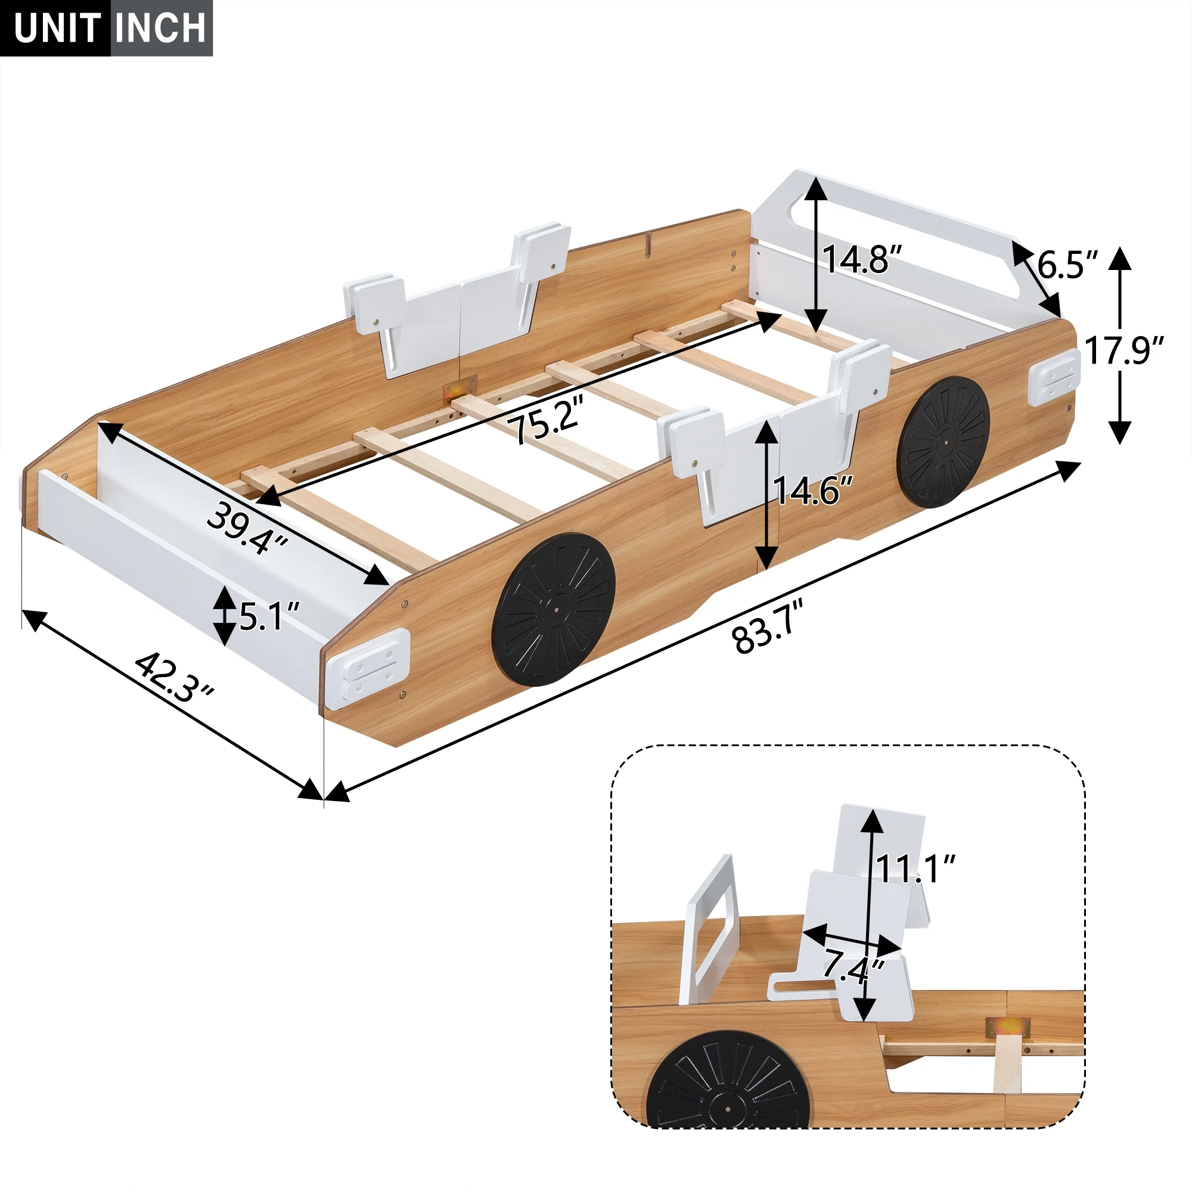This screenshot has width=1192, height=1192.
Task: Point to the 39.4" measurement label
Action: [247, 528]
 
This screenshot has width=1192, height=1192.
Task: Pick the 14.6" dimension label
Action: [812, 491]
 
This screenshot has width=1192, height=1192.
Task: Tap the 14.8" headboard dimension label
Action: [862, 259]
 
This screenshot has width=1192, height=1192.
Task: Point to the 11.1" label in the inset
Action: [915, 868]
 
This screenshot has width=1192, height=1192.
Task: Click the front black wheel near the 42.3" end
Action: [554, 610]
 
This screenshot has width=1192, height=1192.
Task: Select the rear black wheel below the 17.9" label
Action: [943, 443]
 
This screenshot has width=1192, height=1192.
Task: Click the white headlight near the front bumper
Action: [369, 669]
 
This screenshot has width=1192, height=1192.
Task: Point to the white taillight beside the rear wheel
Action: [1054, 377]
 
